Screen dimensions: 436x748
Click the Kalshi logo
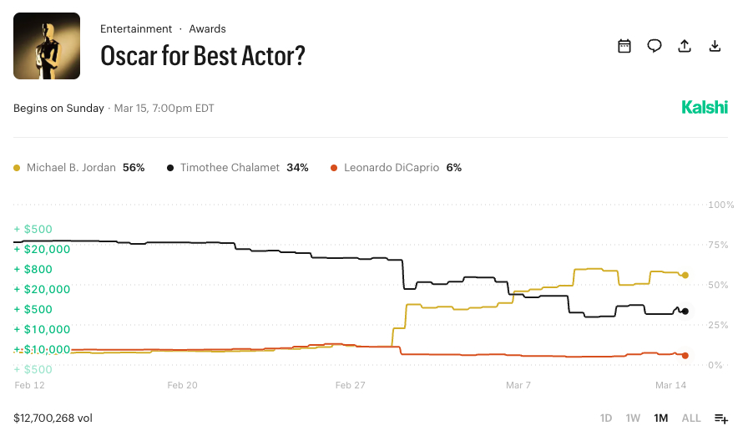704,108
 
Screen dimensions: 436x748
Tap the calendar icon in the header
624,46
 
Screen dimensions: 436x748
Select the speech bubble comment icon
654,46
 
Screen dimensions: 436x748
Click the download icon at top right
715,46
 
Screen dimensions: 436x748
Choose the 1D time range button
606,418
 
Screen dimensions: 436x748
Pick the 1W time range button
633,418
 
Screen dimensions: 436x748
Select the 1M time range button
661,418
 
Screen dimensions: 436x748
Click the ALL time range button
691,418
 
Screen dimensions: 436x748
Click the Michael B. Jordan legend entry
79,168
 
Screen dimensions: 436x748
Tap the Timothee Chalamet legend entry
238,168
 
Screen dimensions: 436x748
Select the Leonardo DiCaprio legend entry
397,168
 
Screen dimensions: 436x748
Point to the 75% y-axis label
720,245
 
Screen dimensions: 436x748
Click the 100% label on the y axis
720,205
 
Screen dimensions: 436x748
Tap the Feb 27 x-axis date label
351,385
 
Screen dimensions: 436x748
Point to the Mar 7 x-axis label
518,385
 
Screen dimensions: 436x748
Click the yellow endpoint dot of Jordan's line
685,275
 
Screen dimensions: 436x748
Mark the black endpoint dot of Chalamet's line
685,312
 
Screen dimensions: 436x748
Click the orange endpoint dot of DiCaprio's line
685,356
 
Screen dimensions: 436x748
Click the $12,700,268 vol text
53,418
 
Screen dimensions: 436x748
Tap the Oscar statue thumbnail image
47,46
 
